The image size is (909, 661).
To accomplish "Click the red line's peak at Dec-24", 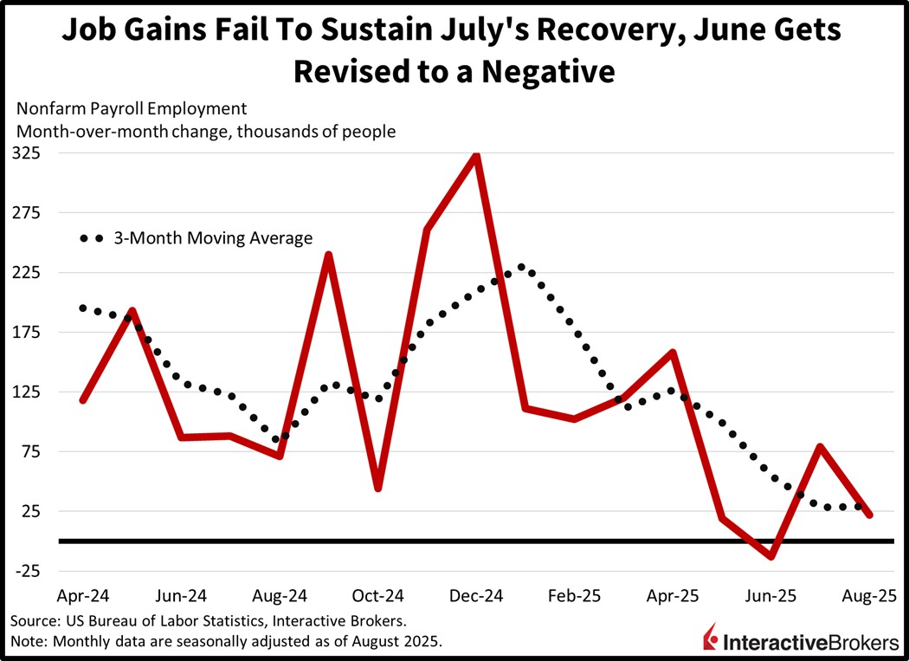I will click(x=475, y=157).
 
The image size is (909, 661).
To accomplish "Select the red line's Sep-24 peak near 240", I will click(x=329, y=255).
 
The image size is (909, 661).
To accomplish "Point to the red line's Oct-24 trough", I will click(x=377, y=489).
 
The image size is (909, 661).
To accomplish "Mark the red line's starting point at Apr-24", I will click(x=83, y=400).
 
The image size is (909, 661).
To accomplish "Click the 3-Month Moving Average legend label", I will click(x=213, y=238).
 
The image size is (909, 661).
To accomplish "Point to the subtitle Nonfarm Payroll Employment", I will click(x=131, y=109).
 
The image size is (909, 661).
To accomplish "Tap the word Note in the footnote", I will click(x=29, y=641).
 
